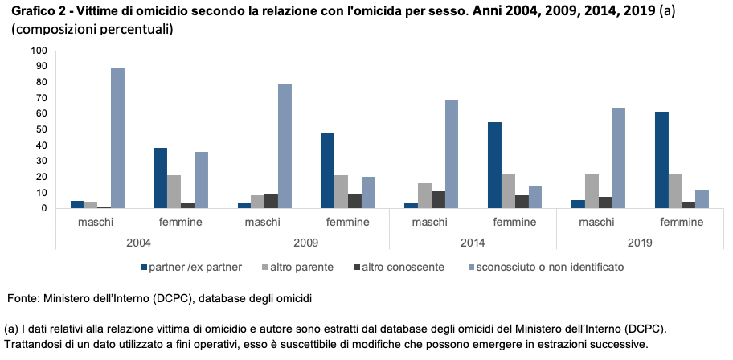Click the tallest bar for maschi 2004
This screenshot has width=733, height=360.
point(117,138)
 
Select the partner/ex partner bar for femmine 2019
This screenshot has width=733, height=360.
point(661,160)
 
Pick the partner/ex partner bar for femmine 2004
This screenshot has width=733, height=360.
point(161,178)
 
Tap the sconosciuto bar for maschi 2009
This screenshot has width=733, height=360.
point(285,146)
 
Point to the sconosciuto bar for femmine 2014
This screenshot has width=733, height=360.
point(534,198)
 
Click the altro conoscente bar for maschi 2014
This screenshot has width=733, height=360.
point(438,200)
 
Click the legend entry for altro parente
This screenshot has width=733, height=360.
point(296,266)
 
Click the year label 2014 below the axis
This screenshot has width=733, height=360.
point(473,241)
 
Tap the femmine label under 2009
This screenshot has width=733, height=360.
point(347,222)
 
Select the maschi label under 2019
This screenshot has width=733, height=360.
point(596,222)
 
